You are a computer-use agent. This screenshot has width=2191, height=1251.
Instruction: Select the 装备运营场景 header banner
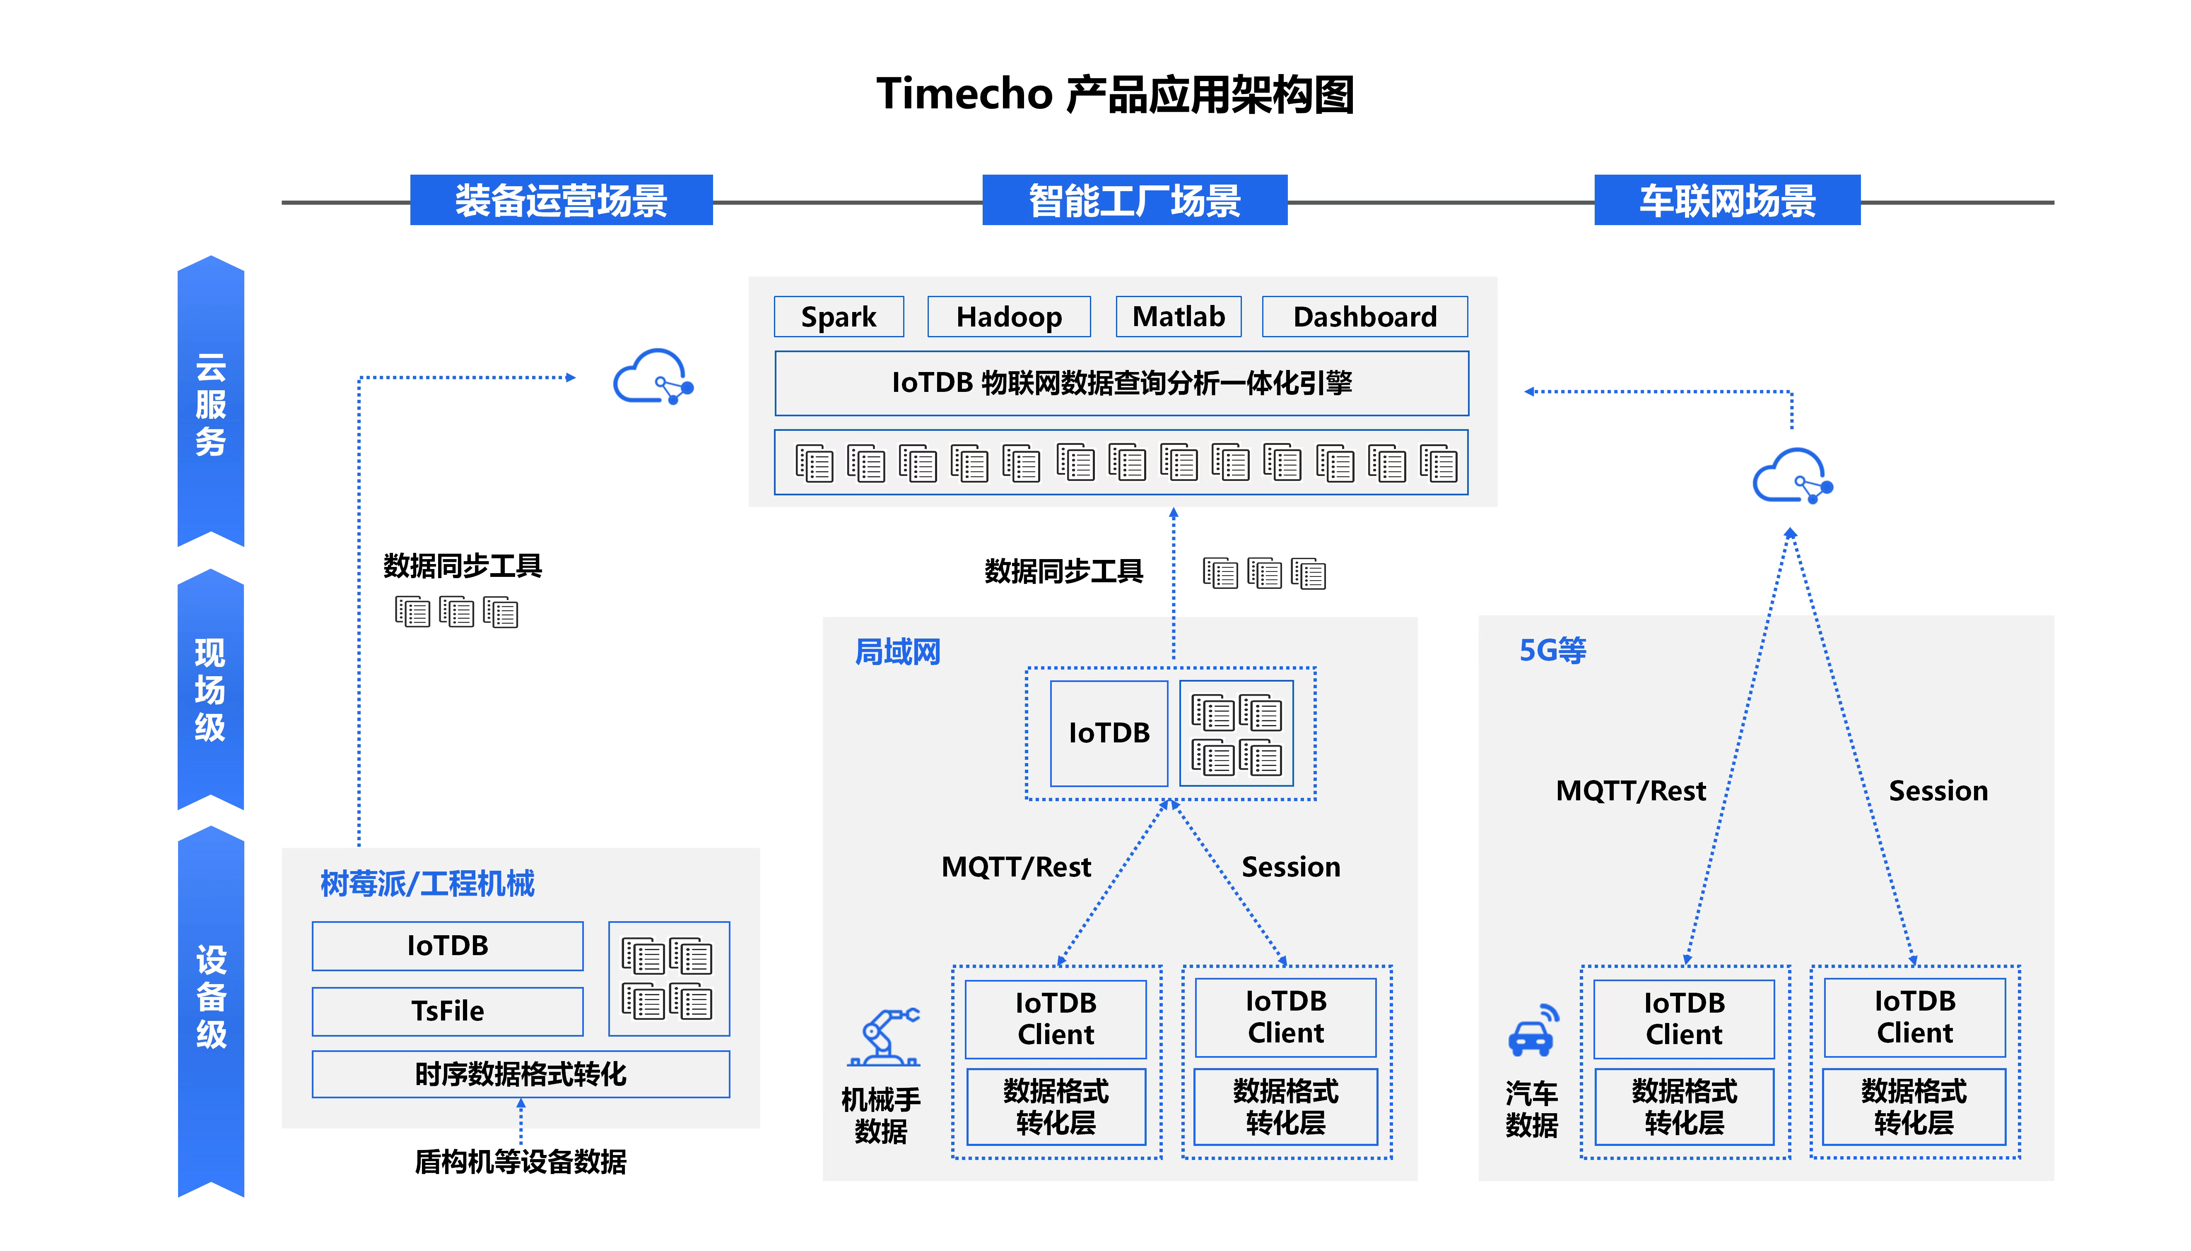(x=561, y=200)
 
